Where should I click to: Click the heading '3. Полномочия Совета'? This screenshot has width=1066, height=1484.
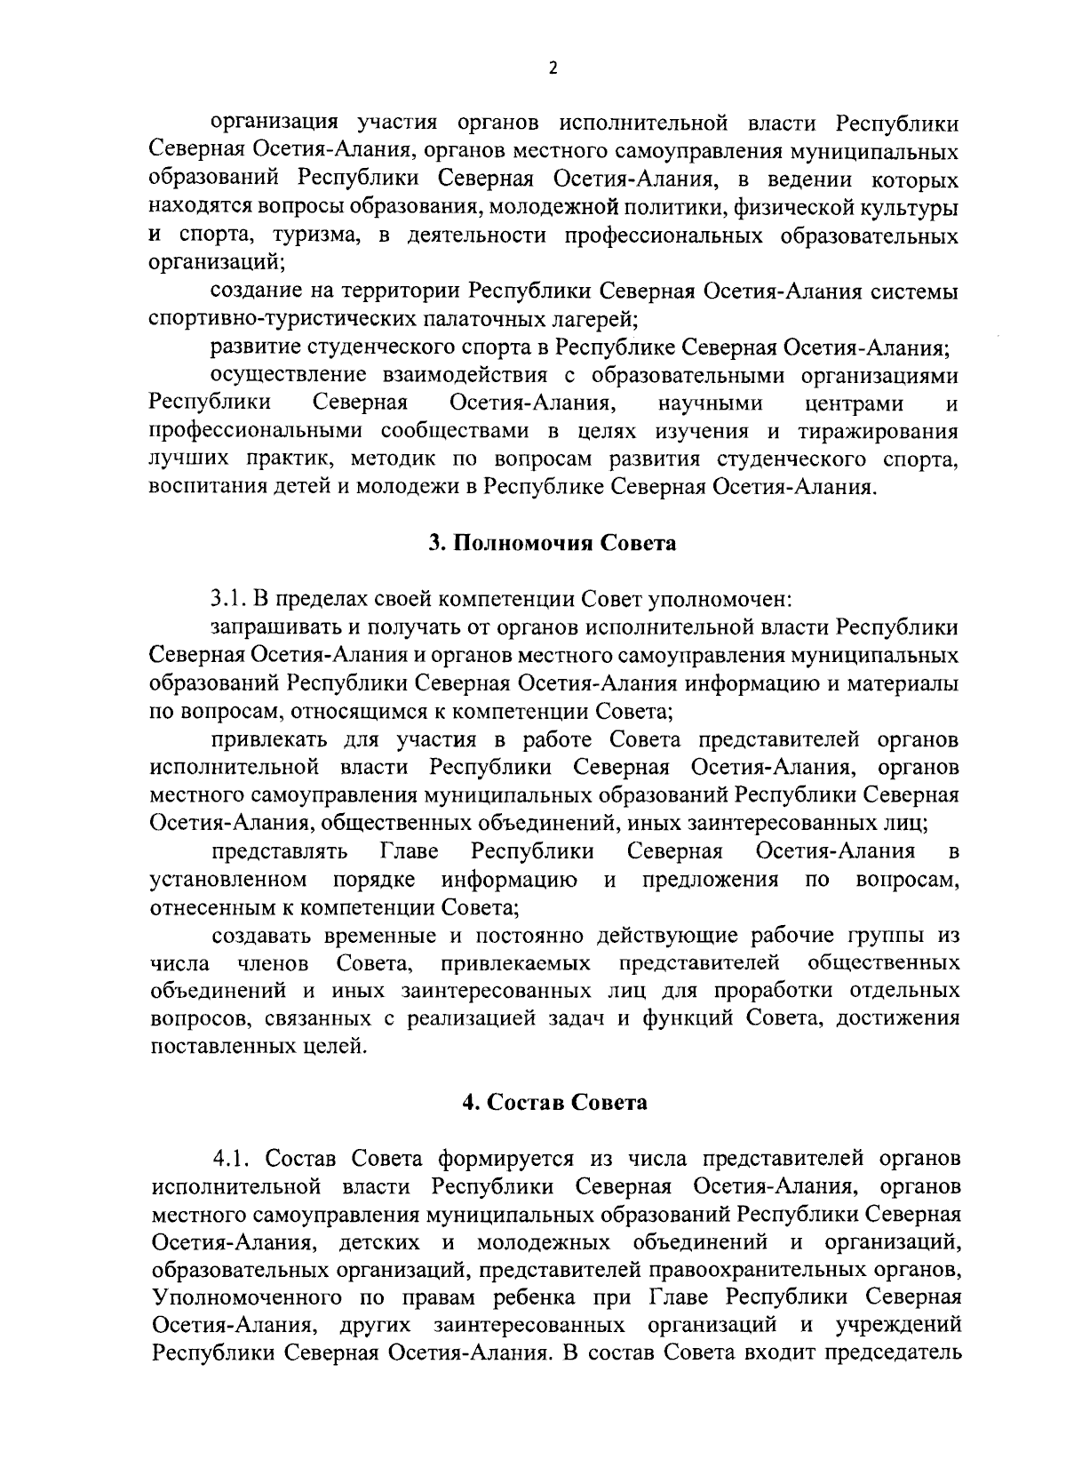click(552, 544)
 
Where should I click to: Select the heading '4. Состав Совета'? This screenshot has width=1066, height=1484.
click(554, 1104)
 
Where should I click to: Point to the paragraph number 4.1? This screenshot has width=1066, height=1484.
click(233, 1159)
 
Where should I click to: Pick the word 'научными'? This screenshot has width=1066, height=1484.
click(711, 404)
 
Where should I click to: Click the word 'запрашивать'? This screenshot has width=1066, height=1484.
click(274, 628)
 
